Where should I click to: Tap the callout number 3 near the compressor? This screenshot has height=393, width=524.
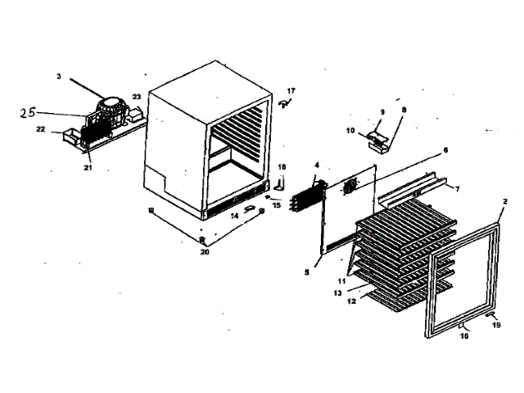(x=59, y=76)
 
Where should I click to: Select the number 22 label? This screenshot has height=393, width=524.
(x=39, y=129)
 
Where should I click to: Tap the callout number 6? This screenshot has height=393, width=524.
(x=445, y=150)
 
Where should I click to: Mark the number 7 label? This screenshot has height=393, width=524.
(x=457, y=189)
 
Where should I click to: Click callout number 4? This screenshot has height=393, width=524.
(x=316, y=165)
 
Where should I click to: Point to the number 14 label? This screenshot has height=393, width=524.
(x=233, y=215)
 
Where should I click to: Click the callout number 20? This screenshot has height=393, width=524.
(x=205, y=251)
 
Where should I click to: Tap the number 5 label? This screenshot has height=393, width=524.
(x=306, y=271)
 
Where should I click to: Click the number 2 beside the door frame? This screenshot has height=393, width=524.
(x=504, y=201)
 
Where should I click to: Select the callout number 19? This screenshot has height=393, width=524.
(x=495, y=325)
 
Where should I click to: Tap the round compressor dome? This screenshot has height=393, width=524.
(x=110, y=104)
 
